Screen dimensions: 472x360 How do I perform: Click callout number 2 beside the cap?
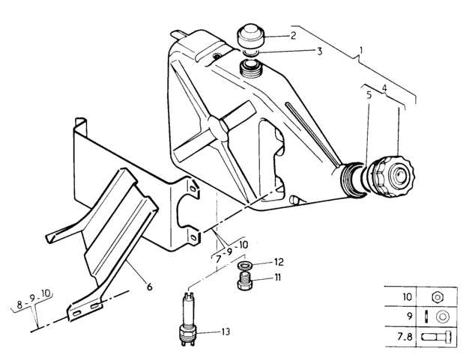(293, 36)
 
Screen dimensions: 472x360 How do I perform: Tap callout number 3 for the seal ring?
(319, 52)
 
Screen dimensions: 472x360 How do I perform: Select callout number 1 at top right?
(361, 50)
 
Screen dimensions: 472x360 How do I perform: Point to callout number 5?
(369, 95)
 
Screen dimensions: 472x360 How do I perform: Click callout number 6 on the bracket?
(149, 287)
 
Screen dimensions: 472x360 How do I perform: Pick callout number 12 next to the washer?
(279, 262)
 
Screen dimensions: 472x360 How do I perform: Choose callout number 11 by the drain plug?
(277, 277)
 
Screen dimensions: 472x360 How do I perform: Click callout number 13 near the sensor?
(226, 332)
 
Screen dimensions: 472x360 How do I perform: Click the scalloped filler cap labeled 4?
(392, 176)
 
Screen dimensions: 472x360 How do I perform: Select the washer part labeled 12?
(245, 266)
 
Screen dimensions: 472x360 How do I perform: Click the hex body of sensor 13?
(187, 332)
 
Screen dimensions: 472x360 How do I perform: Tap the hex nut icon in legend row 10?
(437, 297)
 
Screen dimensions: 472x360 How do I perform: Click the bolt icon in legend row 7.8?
(436, 337)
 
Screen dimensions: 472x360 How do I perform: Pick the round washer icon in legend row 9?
(441, 317)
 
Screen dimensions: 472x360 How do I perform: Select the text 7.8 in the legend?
(405, 337)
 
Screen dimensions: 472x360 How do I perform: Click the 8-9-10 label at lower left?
(34, 302)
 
